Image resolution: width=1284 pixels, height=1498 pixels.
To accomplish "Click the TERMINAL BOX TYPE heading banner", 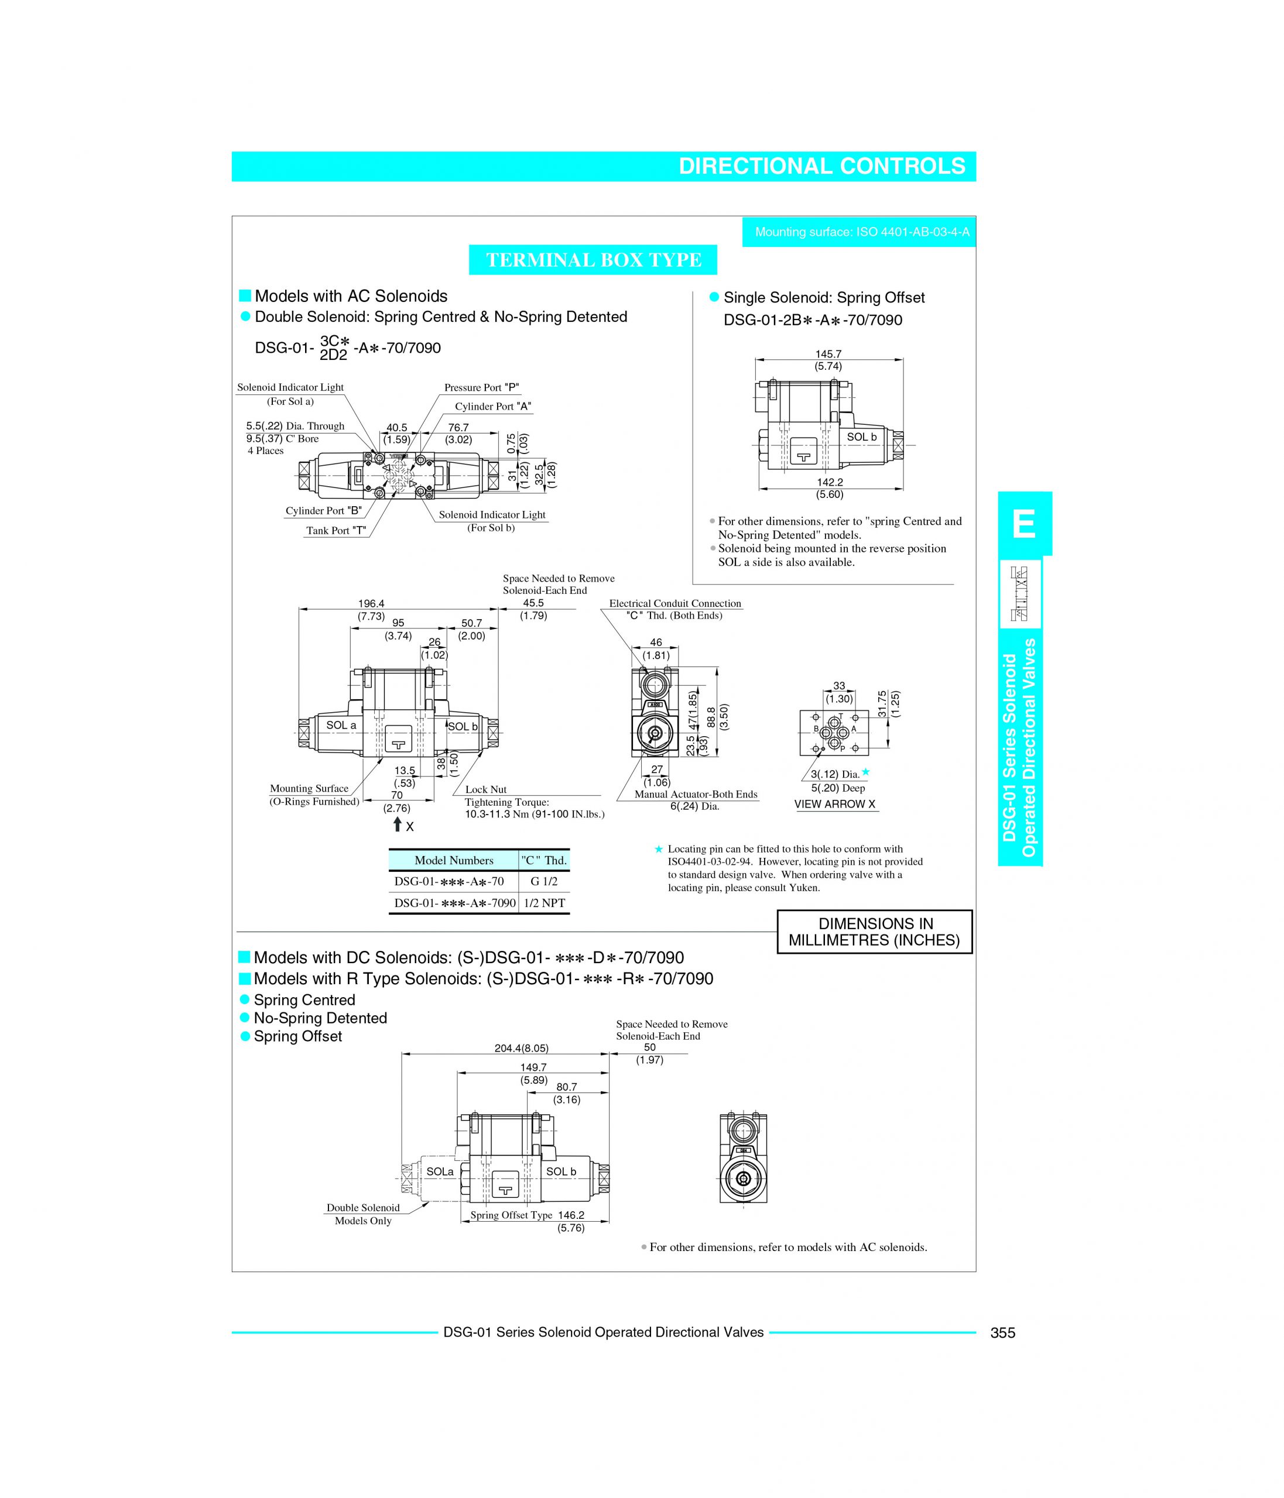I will click(x=593, y=260).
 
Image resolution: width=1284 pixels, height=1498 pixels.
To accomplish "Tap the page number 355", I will click(x=1002, y=1332).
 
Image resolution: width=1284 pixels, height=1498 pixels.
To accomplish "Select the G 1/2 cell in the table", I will click(x=544, y=881).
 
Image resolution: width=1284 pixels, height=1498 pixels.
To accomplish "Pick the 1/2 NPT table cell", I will click(x=544, y=903).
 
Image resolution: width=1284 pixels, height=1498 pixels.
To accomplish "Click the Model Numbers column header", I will click(x=454, y=860).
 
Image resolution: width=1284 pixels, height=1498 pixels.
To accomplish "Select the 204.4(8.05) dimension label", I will click(x=522, y=1047).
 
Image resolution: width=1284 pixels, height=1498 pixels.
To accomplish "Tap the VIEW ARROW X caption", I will click(x=834, y=804).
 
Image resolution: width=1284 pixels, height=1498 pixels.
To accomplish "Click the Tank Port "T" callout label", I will click(x=335, y=531).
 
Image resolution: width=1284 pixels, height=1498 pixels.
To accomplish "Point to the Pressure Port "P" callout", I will click(x=482, y=387).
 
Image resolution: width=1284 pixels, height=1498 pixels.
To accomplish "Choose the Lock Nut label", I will click(x=485, y=789).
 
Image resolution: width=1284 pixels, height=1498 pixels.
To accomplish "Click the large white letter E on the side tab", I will click(x=1024, y=524).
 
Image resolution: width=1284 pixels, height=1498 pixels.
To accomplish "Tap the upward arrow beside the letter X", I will click(x=397, y=824).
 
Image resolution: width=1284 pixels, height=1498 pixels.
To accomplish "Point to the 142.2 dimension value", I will click(x=830, y=482).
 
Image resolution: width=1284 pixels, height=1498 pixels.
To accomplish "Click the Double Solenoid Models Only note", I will click(x=362, y=1214).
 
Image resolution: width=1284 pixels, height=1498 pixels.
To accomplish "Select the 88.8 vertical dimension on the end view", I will click(x=711, y=717).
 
